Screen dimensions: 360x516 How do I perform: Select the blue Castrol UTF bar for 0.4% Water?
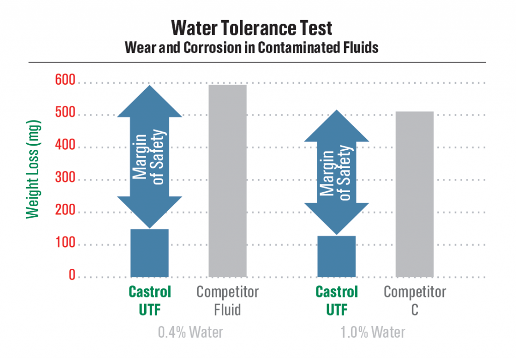tap(150, 253)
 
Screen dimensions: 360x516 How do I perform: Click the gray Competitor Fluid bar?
tap(227, 181)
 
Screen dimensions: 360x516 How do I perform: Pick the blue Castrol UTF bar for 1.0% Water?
tap(336, 256)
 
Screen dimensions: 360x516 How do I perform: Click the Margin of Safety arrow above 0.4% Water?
tap(150, 156)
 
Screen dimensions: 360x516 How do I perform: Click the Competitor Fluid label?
tap(227, 300)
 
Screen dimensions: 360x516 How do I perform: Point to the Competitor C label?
tap(415, 300)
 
